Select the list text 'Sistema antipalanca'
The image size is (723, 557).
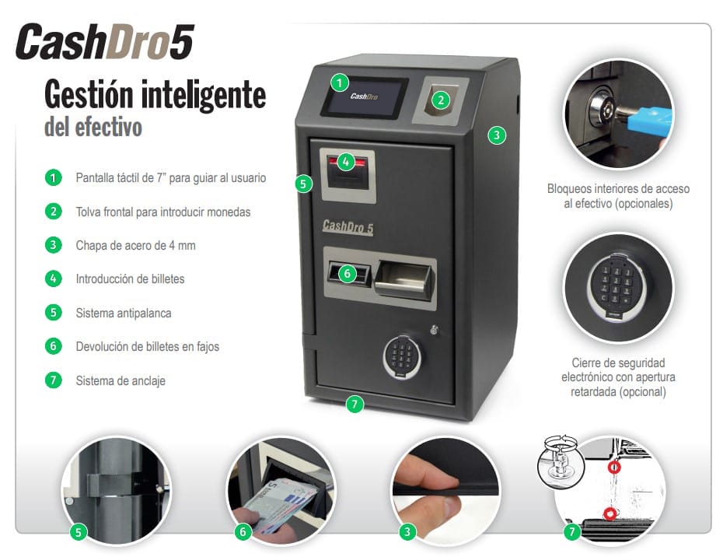tap(123, 313)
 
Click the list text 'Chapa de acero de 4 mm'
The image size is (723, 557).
tap(135, 245)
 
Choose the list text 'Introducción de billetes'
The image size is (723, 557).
tap(130, 278)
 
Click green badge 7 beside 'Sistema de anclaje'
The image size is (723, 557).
tap(53, 380)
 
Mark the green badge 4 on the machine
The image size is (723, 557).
tap(346, 162)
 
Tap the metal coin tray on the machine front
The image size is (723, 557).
tap(403, 278)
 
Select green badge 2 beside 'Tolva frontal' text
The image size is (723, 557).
tap(53, 211)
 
